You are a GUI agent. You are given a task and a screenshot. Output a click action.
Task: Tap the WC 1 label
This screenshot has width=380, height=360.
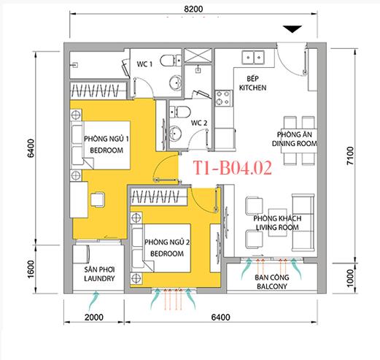[145, 64]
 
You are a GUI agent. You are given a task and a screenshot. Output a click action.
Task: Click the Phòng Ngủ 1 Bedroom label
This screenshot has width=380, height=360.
[107, 144]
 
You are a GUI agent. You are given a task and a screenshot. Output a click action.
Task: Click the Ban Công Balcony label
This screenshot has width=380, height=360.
[271, 282]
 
